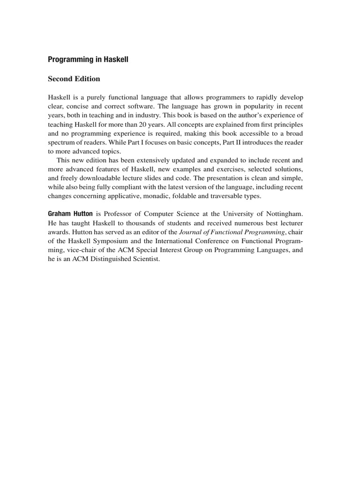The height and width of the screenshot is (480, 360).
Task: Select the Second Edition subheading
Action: (74, 79)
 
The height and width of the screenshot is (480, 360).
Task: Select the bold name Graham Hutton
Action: (70, 214)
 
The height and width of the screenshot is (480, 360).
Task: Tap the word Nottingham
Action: (284, 214)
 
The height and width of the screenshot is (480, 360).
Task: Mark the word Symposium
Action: (105, 240)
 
